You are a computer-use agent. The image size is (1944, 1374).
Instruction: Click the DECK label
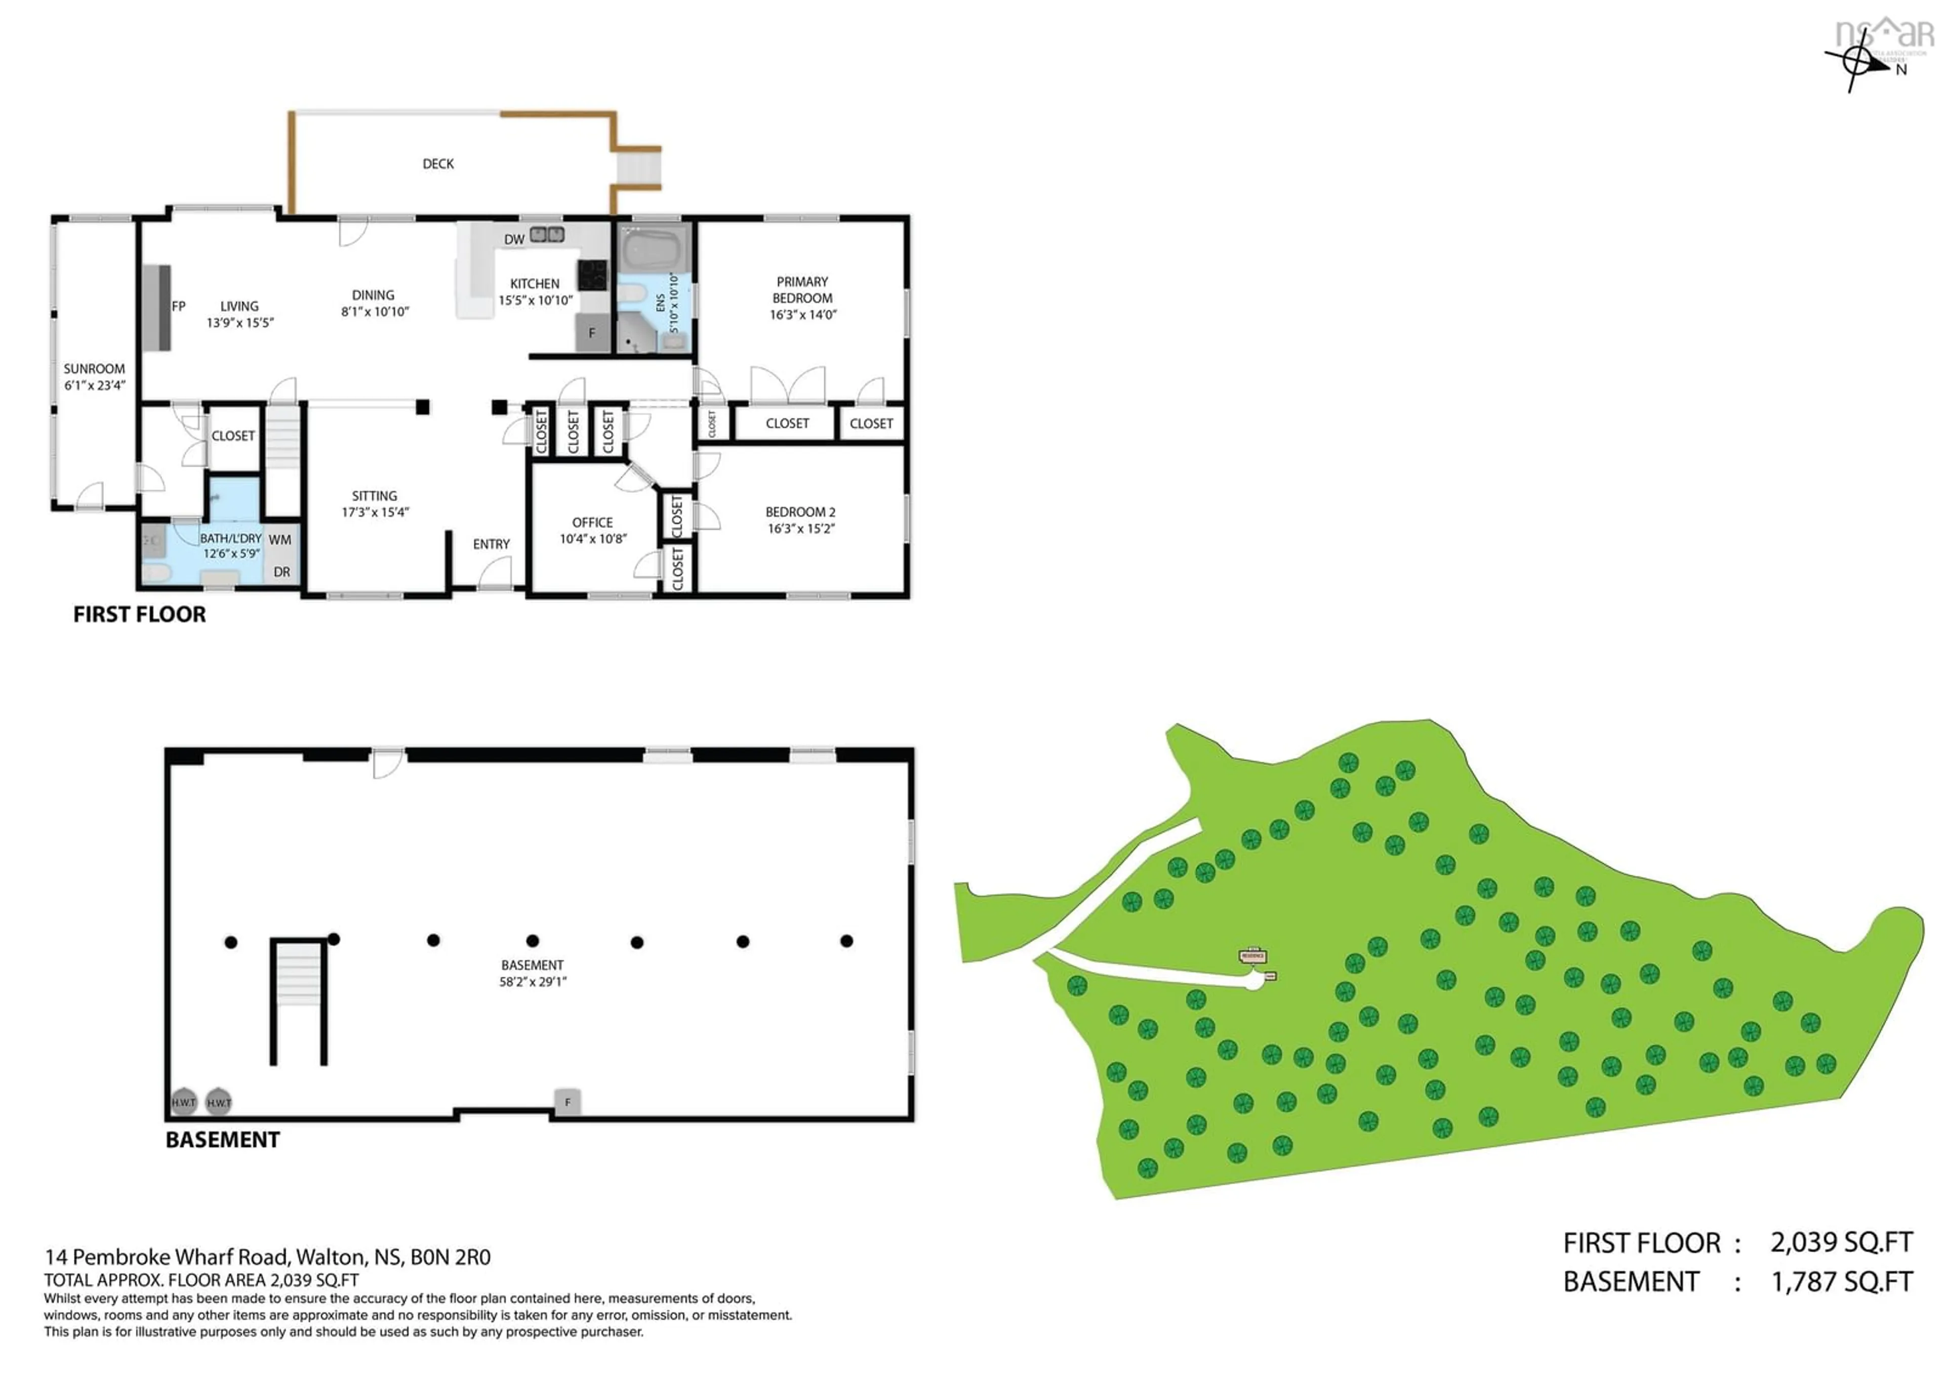pos(438,164)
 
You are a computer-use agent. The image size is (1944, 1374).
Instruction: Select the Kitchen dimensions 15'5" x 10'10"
pos(535,301)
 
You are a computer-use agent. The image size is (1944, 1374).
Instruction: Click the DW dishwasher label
pos(514,239)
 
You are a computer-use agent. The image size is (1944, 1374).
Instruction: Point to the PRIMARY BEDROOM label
pos(802,290)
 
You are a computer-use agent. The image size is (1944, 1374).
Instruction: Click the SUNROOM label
pos(94,369)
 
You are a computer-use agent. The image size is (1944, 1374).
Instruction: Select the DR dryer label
pos(282,572)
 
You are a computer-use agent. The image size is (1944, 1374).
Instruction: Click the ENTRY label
pos(491,544)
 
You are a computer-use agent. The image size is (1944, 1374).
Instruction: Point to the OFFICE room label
pos(592,523)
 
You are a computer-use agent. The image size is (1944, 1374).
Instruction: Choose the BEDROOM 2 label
pos(800,512)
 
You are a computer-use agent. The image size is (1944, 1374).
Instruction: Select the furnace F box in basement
pos(568,1102)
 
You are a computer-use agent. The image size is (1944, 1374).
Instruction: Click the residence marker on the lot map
pos(1252,956)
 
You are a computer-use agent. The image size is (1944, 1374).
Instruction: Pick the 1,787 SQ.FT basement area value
pos(1842,1282)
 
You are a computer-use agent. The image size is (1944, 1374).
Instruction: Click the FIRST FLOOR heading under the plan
pos(140,615)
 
